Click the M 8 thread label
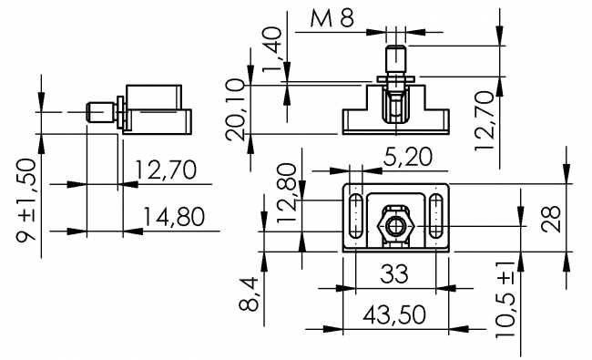coord(332,18)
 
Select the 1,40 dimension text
coord(272,48)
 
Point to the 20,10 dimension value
coord(235,109)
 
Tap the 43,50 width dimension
coord(393,315)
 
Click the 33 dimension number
coord(394,273)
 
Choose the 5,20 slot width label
coord(408,157)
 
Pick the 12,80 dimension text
coord(287,192)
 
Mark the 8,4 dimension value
coord(249,293)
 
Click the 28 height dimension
coord(551,219)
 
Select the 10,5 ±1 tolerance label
coord(505,298)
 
